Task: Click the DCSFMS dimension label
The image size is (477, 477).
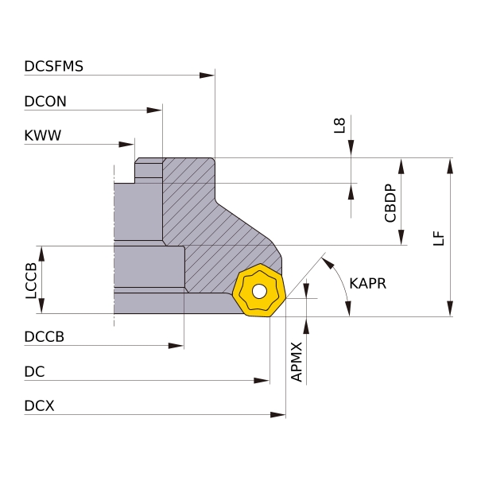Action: [54, 66]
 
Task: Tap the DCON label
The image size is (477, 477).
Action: [45, 101]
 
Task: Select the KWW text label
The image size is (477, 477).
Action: [42, 136]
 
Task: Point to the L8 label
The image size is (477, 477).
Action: [339, 125]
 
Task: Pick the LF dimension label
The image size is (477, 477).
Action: [439, 238]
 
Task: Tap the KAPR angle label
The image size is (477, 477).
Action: [367, 283]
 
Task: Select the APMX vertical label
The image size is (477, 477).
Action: [297, 362]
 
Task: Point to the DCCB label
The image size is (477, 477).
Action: [44, 336]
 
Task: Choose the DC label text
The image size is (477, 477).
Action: [34, 371]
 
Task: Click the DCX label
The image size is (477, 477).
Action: [39, 405]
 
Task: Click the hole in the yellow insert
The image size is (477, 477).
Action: [259, 292]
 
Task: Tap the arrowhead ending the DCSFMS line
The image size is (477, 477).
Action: [207, 76]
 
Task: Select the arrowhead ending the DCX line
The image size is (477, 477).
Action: [277, 415]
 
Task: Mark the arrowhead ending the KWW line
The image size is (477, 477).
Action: [126, 145]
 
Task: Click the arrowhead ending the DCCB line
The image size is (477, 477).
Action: [176, 346]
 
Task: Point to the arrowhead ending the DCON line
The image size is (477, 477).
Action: [154, 111]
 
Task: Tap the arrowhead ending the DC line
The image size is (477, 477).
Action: [262, 381]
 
